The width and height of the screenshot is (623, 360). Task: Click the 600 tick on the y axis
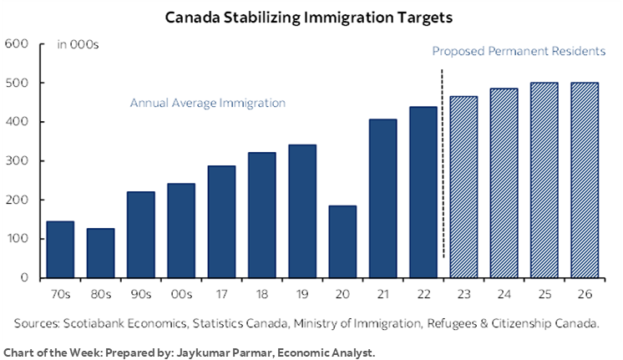(x=17, y=44)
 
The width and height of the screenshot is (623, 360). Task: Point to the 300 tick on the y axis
(x=17, y=161)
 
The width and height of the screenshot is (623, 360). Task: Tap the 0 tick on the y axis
(x=24, y=278)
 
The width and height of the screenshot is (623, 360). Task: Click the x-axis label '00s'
(x=181, y=293)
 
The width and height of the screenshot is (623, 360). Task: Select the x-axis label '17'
(x=221, y=293)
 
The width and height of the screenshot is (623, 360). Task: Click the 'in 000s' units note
(x=78, y=45)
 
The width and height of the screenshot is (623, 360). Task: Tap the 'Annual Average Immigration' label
(x=207, y=104)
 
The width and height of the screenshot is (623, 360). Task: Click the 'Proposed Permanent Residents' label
(x=518, y=52)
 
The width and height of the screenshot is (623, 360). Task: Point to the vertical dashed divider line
(x=441, y=167)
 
